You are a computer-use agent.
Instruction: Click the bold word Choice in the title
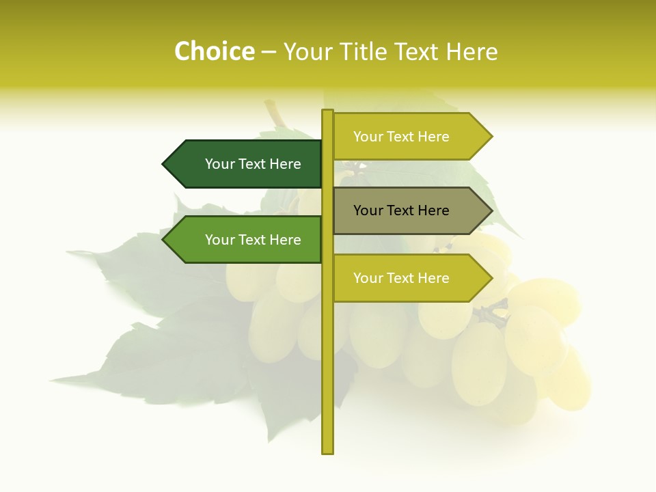point(214,52)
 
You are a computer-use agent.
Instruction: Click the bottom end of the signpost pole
point(328,451)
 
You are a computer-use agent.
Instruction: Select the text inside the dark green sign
point(253,164)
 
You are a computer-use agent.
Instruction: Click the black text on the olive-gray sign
point(401,210)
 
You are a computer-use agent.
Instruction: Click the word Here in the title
point(471,52)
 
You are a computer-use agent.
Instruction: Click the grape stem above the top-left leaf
point(275,111)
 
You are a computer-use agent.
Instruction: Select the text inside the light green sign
point(253,240)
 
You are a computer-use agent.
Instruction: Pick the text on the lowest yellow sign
point(401,278)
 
